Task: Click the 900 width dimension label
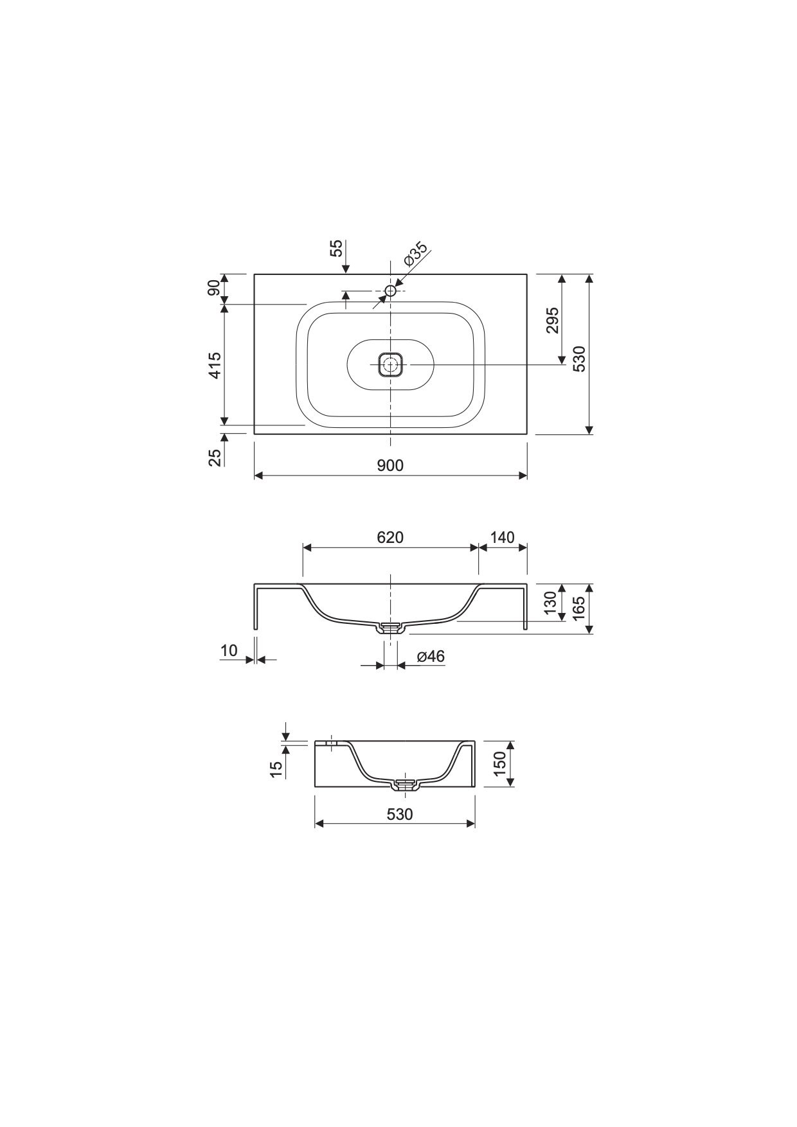390,465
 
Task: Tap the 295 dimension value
552,320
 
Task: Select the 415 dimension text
215,365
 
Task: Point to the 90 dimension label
214,288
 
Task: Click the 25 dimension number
215,456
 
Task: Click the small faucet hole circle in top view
390,291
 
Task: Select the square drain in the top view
390,365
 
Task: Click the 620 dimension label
390,537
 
